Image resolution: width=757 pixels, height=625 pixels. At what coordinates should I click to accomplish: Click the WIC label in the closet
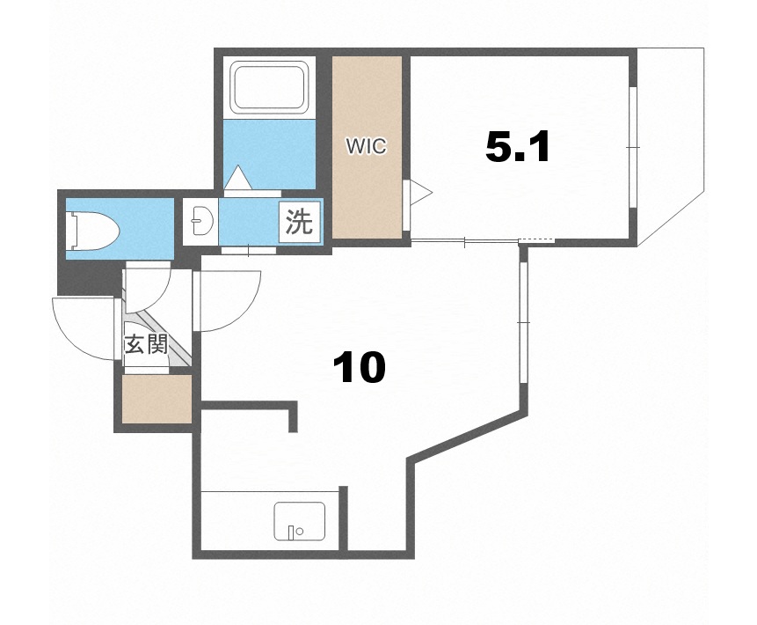366,146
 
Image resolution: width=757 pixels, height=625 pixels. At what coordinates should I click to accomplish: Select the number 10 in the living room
360,367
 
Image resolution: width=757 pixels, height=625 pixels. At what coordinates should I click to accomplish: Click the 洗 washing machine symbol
299,222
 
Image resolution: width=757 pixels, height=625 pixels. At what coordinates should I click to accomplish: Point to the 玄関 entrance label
146,345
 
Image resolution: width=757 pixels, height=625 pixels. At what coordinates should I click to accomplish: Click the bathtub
269,87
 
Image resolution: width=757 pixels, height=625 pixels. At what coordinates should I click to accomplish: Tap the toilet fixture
92,231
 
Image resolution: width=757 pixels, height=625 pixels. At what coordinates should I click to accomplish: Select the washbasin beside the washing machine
200,221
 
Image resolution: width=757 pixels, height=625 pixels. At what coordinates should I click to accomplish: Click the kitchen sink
299,520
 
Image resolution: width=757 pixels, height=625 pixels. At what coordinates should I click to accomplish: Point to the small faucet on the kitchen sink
291,532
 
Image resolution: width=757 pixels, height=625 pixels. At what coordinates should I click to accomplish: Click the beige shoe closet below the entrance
156,399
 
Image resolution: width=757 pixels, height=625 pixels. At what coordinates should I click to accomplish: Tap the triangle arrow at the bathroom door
238,178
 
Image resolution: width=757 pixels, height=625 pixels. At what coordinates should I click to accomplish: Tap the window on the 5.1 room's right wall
633,147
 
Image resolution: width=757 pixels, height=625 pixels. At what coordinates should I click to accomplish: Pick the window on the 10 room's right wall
524,322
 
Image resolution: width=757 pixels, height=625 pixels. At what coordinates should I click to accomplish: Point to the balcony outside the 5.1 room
670,145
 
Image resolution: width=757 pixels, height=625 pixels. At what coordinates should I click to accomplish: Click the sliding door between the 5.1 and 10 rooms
464,241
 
